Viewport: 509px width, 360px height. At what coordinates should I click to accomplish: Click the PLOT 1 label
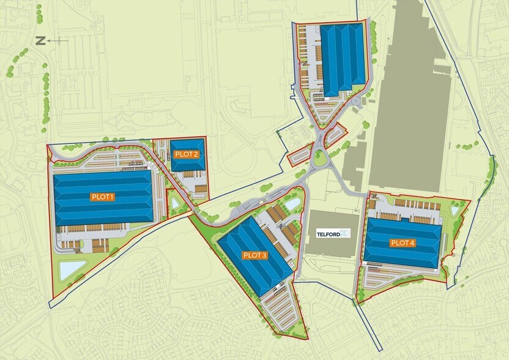coord(103,197)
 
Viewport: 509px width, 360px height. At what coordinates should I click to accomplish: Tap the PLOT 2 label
coord(186,154)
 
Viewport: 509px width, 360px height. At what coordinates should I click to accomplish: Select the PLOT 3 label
coord(254,255)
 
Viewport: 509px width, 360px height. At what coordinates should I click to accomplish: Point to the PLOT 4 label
coord(403,243)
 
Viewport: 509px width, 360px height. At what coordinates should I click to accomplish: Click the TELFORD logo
coord(333,234)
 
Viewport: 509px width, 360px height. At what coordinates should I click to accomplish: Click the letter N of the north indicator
coord(40,41)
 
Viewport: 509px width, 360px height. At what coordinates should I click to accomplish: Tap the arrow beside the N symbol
coord(59,41)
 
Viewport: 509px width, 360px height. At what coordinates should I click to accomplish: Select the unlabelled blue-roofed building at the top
coord(343,57)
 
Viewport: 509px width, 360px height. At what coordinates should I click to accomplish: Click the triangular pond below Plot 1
coord(72,269)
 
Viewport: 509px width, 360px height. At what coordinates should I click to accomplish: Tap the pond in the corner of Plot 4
coord(455,210)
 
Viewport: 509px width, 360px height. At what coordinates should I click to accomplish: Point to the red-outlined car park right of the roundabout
coord(335,133)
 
